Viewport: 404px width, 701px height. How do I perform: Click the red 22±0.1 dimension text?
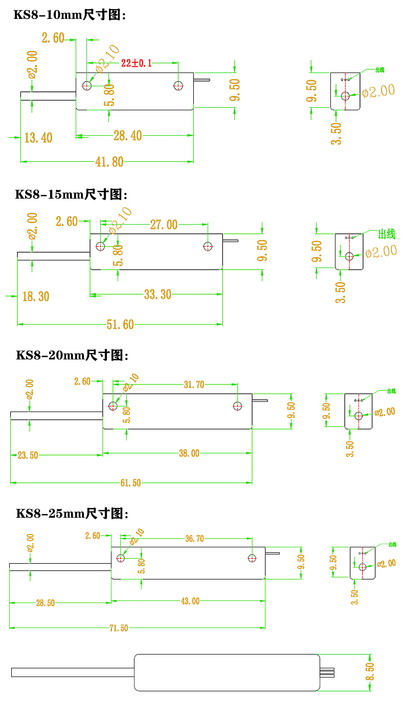[x=137, y=63]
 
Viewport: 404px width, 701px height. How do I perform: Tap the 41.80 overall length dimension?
[x=109, y=162]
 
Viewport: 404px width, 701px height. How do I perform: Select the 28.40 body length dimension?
[x=127, y=136]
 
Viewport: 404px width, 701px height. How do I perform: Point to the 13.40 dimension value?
[x=38, y=137]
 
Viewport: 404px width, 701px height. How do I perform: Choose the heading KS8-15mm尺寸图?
[x=71, y=195]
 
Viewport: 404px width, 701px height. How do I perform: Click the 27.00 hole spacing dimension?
[x=164, y=225]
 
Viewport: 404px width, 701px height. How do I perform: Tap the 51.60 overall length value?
[x=120, y=324]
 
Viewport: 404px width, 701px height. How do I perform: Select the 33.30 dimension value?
[x=157, y=295]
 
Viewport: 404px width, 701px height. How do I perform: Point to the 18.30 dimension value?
[x=35, y=296]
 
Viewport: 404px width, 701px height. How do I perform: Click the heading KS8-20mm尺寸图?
[x=72, y=355]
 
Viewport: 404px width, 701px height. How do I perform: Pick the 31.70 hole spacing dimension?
[x=194, y=384]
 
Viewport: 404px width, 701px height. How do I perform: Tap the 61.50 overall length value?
[x=130, y=482]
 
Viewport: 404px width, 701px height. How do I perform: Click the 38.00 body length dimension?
[x=189, y=453]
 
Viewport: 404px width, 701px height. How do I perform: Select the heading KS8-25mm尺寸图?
[x=72, y=513]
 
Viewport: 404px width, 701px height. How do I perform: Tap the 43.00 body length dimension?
[x=190, y=601]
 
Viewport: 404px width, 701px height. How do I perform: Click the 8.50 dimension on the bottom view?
[x=370, y=671]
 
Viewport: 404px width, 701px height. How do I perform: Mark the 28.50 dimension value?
[x=45, y=603]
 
